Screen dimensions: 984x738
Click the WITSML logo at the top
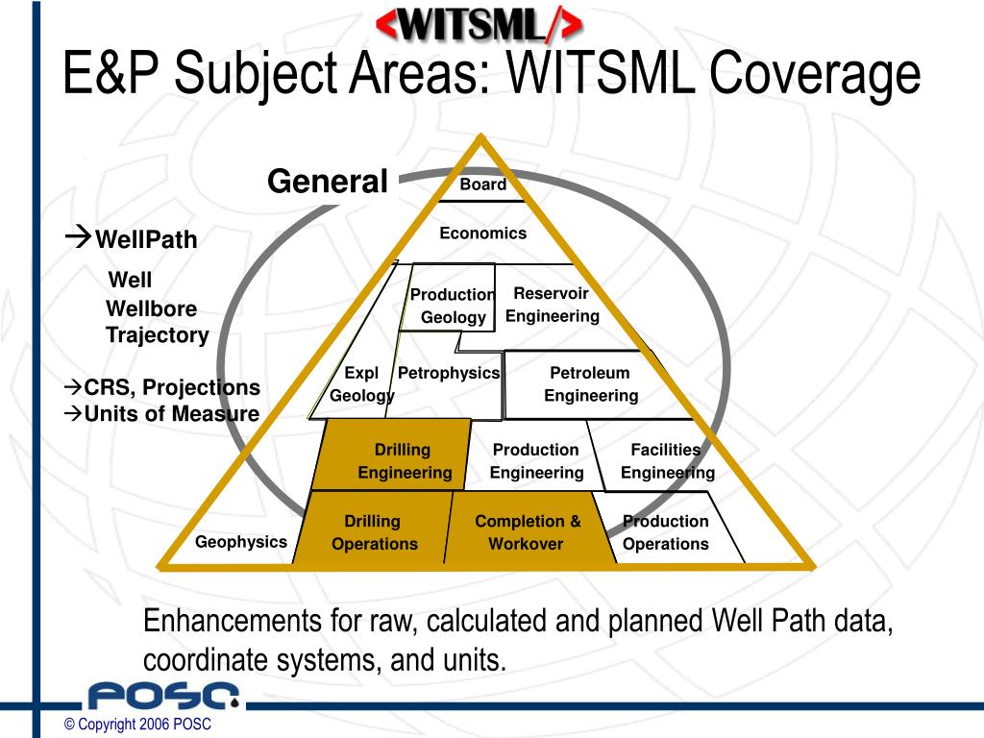pyautogui.click(x=478, y=24)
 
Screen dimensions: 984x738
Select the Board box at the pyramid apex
pyautogui.click(x=482, y=184)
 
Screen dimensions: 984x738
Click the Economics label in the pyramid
pyautogui.click(x=482, y=233)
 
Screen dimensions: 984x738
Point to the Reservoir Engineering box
pyautogui.click(x=553, y=305)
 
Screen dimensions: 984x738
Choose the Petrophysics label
pyautogui.click(x=449, y=373)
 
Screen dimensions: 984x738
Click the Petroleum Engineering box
pyautogui.click(x=590, y=384)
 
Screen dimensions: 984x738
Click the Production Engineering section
pyautogui.click(x=536, y=461)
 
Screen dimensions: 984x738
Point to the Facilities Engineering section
pyautogui.click(x=666, y=461)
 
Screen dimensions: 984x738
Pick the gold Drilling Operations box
pyautogui.click(x=374, y=532)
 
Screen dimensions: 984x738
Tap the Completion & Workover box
pyautogui.click(x=528, y=532)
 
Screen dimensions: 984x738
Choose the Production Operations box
pyautogui.click(x=665, y=532)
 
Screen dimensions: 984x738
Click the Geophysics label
pyautogui.click(x=240, y=542)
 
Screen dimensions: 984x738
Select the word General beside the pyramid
pyautogui.click(x=327, y=181)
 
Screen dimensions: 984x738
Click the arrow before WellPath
pyautogui.click(x=79, y=235)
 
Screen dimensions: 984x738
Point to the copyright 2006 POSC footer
pyautogui.click(x=136, y=725)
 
